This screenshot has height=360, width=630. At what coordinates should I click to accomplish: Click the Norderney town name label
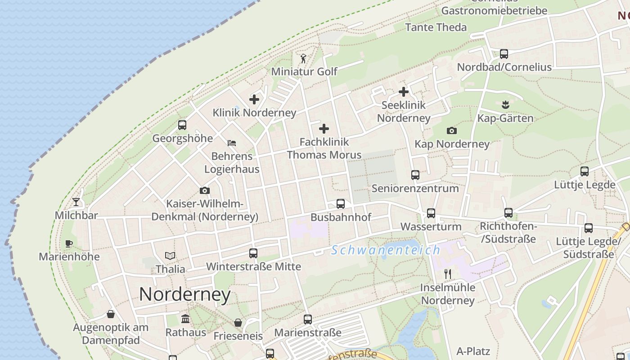point(184,294)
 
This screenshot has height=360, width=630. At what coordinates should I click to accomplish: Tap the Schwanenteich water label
point(386,250)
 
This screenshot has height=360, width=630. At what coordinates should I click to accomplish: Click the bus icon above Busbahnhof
point(341,204)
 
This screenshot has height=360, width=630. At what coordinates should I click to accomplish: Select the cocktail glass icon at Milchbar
point(76,202)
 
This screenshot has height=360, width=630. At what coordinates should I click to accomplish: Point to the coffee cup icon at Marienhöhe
point(69,244)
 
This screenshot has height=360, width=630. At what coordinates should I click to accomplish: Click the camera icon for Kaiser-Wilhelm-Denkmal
point(205,190)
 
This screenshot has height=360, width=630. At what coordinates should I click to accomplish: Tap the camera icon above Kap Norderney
point(452,131)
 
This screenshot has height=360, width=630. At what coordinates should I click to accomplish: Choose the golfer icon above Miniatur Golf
point(303,58)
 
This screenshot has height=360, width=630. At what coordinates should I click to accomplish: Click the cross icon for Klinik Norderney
point(254,99)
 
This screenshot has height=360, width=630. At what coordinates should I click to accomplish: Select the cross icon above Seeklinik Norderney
point(404,92)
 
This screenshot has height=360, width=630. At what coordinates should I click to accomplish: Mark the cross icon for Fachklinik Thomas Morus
point(324,129)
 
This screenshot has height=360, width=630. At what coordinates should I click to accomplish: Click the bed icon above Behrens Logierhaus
point(232,143)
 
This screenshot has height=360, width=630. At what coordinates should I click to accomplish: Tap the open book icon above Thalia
point(170,256)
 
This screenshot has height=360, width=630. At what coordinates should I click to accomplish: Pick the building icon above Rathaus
point(185,319)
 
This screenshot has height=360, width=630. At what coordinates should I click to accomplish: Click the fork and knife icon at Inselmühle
point(448,274)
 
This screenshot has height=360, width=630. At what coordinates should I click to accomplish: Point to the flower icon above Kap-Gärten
point(505,105)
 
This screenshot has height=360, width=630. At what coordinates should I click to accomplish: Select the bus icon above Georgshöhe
point(182,125)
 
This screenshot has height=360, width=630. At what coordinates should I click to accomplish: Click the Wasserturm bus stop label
point(431,226)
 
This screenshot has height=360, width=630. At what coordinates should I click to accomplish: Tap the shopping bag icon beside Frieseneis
point(238,323)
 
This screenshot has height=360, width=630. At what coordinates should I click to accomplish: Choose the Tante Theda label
point(436,27)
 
